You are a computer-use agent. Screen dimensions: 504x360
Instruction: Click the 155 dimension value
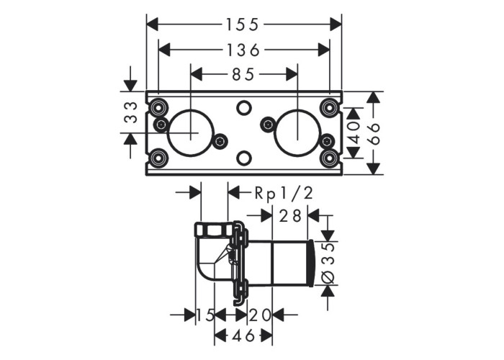[x=243, y=24]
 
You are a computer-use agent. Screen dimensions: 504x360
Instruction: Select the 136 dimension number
[x=243, y=50]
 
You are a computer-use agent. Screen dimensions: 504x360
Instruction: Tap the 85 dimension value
[x=243, y=75]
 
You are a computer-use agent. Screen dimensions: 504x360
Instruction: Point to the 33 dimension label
[x=131, y=112]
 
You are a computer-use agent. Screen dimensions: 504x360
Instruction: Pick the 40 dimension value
[x=354, y=132]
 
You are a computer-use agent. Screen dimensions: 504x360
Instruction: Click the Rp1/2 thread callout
[x=284, y=193]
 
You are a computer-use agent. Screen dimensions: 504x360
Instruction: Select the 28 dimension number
[x=290, y=216]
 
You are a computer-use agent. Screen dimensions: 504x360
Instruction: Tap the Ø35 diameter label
[x=328, y=263]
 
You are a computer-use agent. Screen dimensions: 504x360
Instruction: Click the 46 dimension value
[x=243, y=336]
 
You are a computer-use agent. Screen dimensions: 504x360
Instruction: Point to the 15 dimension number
[x=205, y=315]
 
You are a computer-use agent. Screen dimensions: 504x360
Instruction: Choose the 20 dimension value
[x=260, y=315]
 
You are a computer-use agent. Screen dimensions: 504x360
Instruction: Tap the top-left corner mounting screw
[x=158, y=107]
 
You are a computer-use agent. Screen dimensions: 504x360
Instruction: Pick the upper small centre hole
[x=244, y=107]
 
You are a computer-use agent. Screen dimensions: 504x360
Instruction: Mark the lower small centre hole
[x=244, y=158]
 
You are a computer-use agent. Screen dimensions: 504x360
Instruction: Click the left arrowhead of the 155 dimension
[x=153, y=24]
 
